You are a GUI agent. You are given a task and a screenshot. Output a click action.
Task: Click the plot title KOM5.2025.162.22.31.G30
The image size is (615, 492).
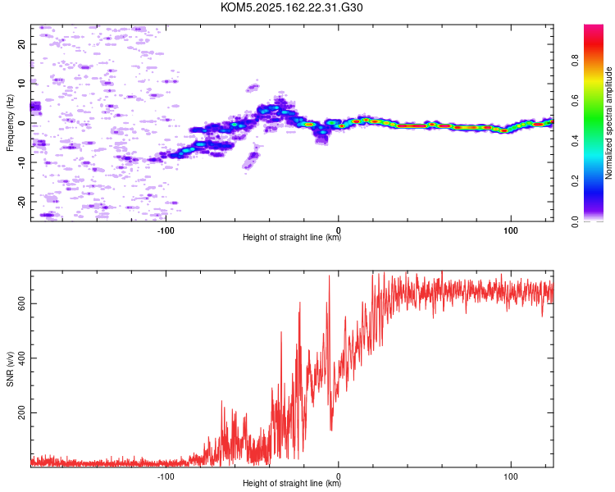pyautogui.click(x=291, y=7)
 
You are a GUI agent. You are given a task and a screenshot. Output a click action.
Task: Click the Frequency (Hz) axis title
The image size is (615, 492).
pyautogui.click(x=10, y=123)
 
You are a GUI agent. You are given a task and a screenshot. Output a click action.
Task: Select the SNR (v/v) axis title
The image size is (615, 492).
pyautogui.click(x=10, y=369)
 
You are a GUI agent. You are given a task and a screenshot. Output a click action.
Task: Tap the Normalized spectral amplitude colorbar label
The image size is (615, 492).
pyautogui.click(x=608, y=123)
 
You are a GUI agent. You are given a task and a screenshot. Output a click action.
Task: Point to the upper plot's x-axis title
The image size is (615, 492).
pyautogui.click(x=292, y=237)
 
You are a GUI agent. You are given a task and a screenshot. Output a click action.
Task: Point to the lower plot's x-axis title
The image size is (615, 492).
pyautogui.click(x=292, y=483)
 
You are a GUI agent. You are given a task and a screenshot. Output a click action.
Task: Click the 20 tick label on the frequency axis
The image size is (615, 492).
pyautogui.click(x=21, y=44)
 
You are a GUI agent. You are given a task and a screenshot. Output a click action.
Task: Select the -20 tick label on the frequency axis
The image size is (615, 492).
pyautogui.click(x=21, y=202)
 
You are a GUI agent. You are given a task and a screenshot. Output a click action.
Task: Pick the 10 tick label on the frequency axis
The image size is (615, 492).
pyautogui.click(x=21, y=84)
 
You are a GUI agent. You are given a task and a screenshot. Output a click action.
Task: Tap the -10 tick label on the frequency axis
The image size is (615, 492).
pyautogui.click(x=21, y=162)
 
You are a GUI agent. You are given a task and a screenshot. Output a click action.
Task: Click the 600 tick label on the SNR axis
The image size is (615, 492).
pyautogui.click(x=21, y=303)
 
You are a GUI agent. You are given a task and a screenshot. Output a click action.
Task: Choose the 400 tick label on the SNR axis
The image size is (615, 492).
pyautogui.click(x=21, y=358)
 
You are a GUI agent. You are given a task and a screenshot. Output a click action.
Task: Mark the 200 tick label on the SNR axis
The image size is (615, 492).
pyautogui.click(x=21, y=412)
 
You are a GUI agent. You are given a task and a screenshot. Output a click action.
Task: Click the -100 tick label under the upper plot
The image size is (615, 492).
pyautogui.click(x=166, y=230)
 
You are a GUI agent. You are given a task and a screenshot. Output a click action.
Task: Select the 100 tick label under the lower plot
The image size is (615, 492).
pyautogui.click(x=511, y=476)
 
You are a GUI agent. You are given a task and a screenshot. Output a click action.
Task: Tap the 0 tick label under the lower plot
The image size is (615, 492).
pyautogui.click(x=339, y=476)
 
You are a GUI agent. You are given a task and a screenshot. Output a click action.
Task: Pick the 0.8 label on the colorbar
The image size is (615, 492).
pyautogui.click(x=575, y=61)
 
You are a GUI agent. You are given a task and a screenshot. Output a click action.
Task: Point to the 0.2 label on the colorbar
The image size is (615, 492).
pyautogui.click(x=575, y=181)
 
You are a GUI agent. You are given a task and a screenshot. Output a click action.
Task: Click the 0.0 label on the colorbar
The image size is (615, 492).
pyautogui.click(x=575, y=221)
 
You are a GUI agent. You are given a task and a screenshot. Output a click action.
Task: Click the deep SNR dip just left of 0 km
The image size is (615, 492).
pyautogui.click(x=331, y=430)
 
